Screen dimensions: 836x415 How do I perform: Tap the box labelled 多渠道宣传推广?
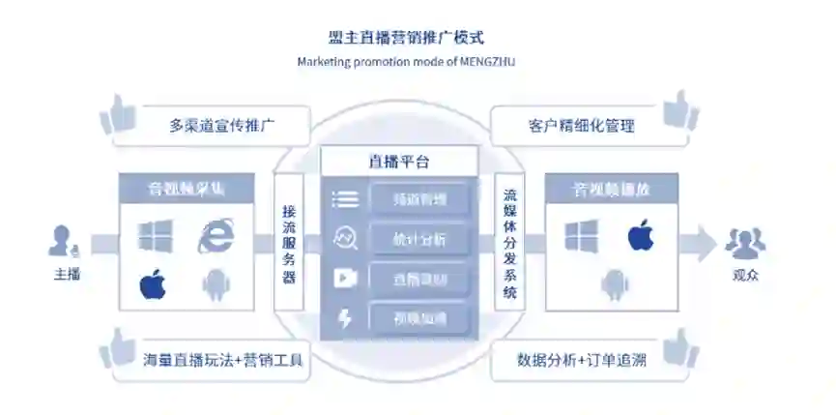pos(224,126)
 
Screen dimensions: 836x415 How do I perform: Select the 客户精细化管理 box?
pos(581,126)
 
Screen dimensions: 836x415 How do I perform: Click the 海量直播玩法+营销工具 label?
pos(222,361)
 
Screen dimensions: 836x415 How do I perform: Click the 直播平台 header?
pos(399,162)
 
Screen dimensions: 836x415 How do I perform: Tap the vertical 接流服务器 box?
pos(289,243)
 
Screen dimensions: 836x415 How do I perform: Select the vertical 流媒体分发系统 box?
pos(509,243)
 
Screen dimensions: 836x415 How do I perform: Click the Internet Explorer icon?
pos(216,236)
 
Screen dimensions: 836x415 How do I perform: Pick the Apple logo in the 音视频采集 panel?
pos(154,284)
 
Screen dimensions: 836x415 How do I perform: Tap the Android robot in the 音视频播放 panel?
pos(612,283)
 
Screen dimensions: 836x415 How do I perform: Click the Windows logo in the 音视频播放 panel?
pos(581,236)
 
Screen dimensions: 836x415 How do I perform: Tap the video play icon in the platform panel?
pos(345,279)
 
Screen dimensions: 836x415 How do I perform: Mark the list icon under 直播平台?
pos(345,200)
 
